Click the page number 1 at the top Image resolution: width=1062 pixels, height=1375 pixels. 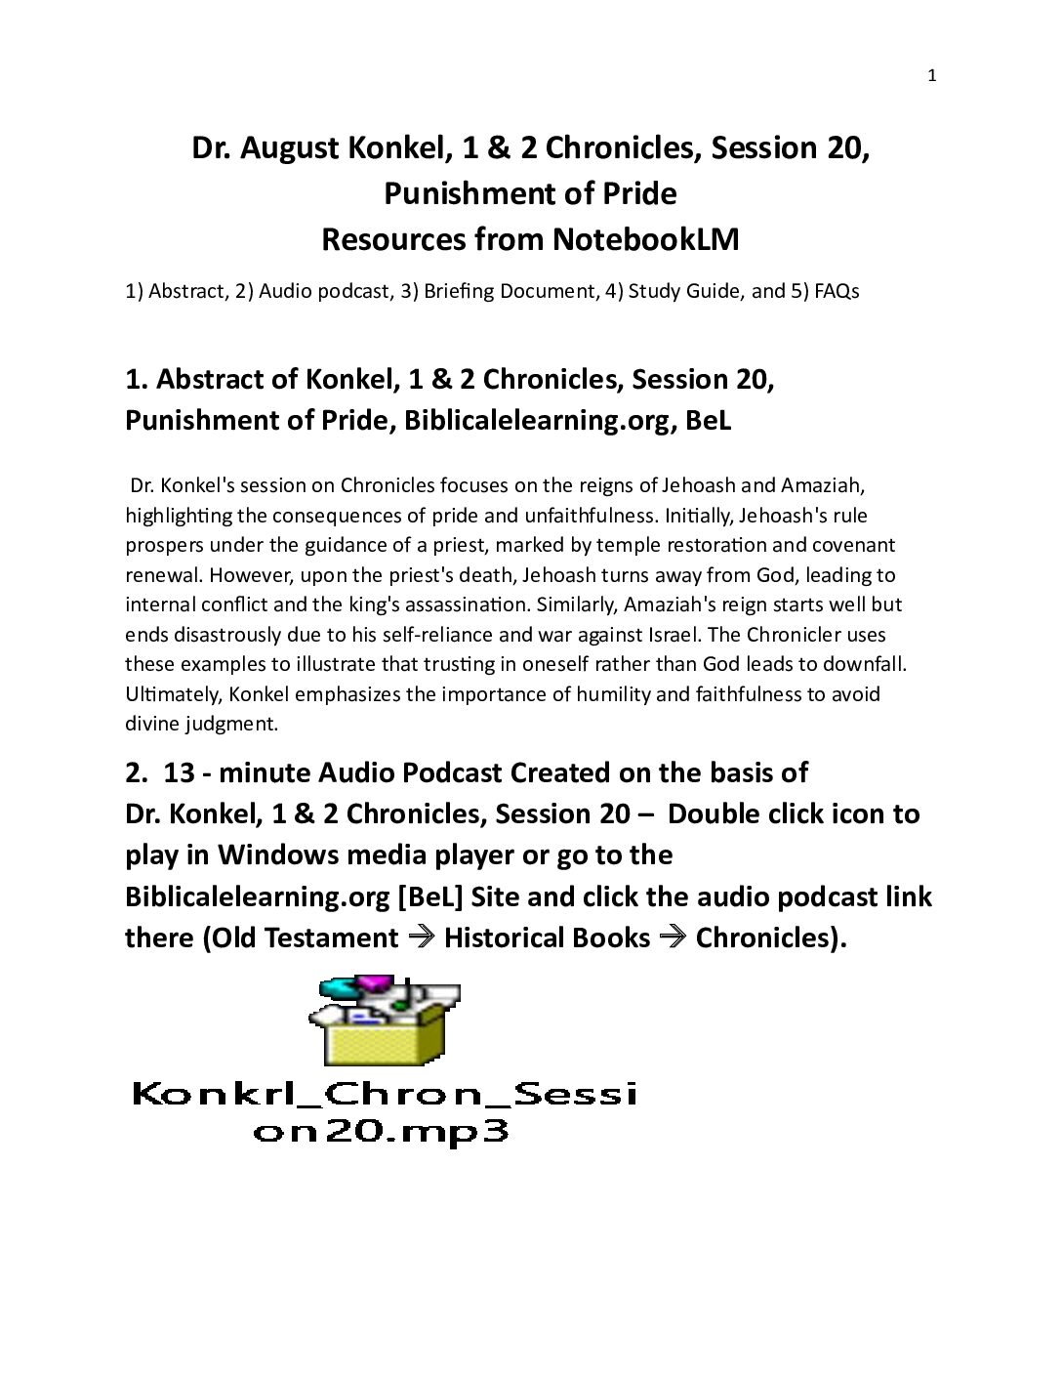click(931, 76)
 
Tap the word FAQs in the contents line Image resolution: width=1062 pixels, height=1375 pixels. click(837, 291)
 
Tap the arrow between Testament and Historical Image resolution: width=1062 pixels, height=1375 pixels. click(421, 937)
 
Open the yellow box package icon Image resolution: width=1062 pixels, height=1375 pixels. click(387, 1021)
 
